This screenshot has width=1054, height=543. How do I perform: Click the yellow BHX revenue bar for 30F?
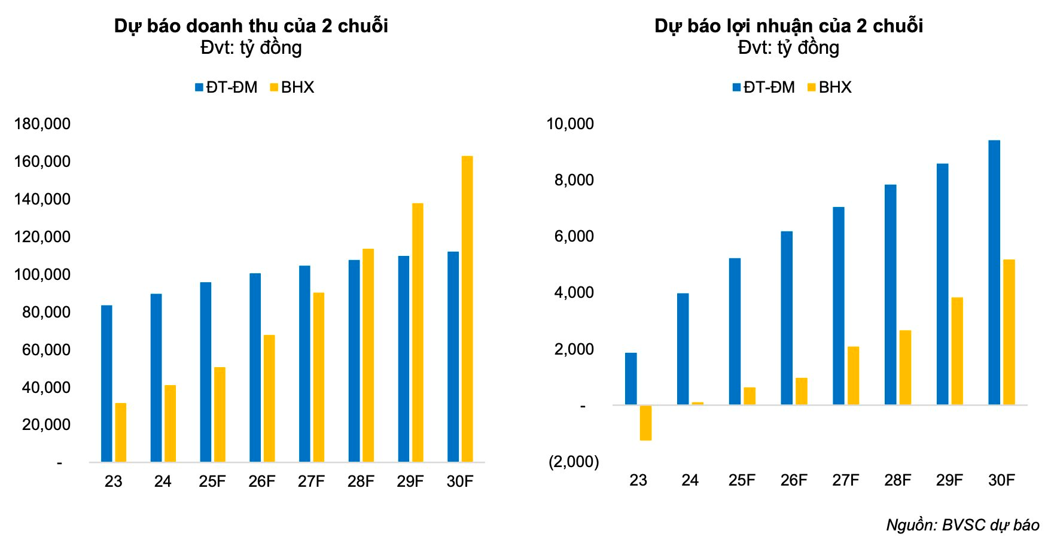[x=467, y=309]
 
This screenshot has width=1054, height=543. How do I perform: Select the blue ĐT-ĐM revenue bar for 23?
[x=106, y=383]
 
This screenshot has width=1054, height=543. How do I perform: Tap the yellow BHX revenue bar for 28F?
[x=368, y=355]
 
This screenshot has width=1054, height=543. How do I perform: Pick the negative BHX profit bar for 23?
[x=645, y=423]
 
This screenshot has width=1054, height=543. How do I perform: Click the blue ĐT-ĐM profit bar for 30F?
[x=994, y=273]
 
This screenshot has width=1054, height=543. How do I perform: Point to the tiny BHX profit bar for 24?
[x=697, y=404]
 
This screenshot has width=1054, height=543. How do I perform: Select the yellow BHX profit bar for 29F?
[x=957, y=351]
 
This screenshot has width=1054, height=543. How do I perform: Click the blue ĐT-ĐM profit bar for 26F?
[x=786, y=318]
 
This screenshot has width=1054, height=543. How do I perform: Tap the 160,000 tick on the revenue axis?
[x=42, y=161]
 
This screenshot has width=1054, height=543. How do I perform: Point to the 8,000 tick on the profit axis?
[x=574, y=180]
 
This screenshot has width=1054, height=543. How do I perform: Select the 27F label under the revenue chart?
[x=311, y=481]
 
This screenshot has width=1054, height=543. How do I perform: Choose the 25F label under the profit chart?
[x=742, y=480]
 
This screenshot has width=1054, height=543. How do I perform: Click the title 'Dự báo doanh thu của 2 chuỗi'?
[x=251, y=26]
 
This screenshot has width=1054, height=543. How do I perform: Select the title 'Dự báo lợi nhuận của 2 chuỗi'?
[x=788, y=26]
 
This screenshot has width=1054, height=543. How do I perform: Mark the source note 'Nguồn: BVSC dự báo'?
[x=962, y=525]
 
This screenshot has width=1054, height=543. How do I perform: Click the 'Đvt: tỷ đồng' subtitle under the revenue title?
[x=251, y=48]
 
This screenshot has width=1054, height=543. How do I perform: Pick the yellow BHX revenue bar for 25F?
[x=220, y=414]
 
